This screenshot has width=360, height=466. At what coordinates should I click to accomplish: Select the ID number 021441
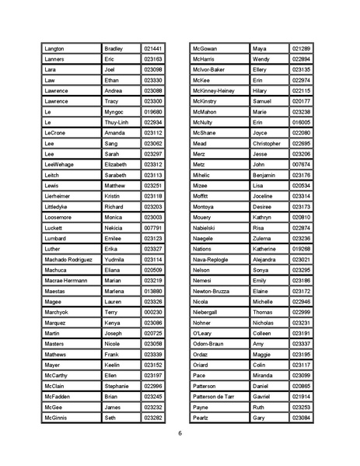[152, 49]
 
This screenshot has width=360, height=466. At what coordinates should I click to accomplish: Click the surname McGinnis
[57, 418]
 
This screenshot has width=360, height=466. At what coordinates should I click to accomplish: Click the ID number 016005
[302, 122]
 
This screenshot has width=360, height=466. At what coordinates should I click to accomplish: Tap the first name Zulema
[262, 238]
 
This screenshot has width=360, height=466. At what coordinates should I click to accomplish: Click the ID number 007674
[302, 164]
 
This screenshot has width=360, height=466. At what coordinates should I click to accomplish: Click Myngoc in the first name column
[114, 112]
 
